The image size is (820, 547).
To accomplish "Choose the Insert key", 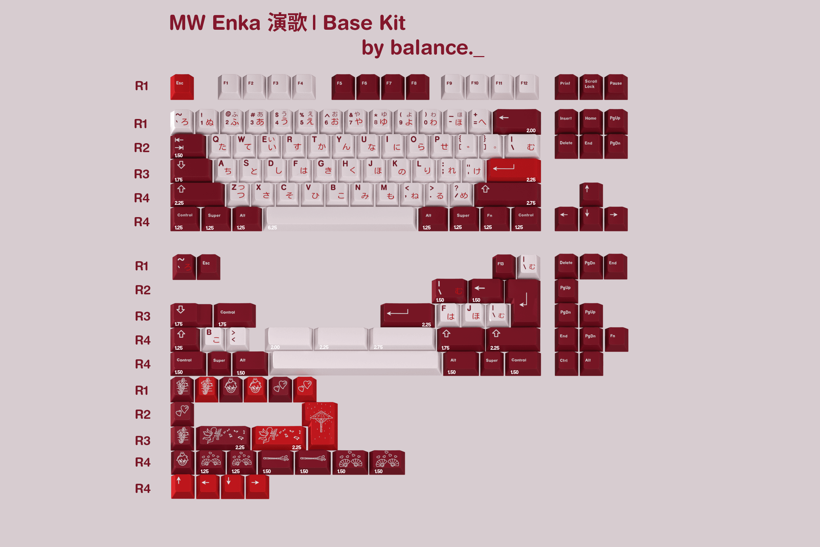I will tap(566, 121).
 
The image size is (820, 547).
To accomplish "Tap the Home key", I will tap(591, 121).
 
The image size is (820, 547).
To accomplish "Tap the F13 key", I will tap(503, 266).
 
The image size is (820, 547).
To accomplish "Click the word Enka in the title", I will tap(236, 23).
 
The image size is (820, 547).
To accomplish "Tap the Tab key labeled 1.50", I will tap(188, 146).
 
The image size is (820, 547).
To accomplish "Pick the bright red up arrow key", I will tap(182, 485).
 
